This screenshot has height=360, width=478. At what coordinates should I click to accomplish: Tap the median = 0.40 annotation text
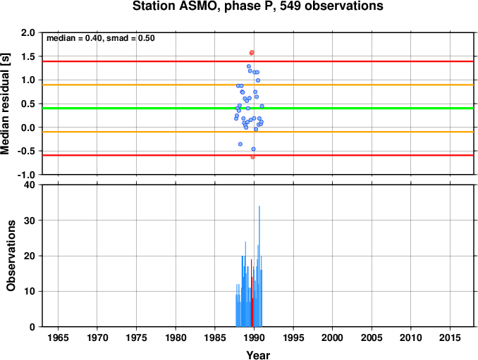[x=73, y=38]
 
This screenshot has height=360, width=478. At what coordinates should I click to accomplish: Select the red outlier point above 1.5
[x=252, y=53]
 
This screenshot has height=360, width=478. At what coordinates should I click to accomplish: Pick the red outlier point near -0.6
[x=252, y=157]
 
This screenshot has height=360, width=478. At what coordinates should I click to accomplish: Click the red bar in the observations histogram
[x=252, y=293]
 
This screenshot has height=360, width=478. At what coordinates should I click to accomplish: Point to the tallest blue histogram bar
[x=259, y=266]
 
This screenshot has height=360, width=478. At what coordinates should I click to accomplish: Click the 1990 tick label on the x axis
[x=254, y=337]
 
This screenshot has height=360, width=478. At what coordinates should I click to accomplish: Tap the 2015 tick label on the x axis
[x=450, y=337]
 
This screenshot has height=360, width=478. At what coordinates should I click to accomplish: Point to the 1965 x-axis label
[x=58, y=337]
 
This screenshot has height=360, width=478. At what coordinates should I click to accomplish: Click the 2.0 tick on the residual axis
[x=28, y=32]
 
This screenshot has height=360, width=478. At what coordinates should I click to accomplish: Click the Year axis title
[x=258, y=355]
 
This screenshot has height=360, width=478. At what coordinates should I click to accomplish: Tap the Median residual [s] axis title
[x=5, y=104]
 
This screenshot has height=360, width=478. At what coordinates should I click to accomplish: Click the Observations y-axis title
[x=11, y=256]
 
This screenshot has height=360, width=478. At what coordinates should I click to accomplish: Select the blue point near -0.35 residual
[x=240, y=144]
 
